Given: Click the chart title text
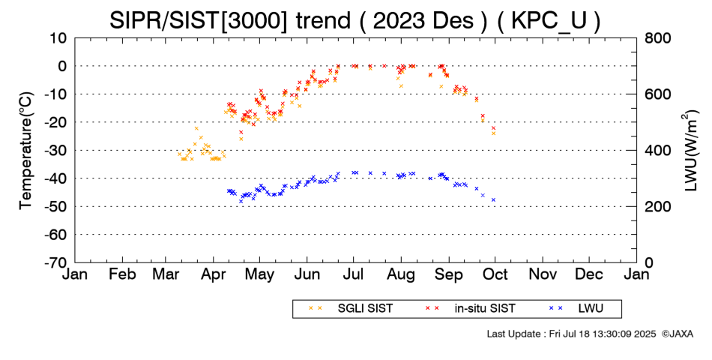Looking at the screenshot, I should (x=355, y=19).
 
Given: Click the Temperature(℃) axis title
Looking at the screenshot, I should (x=25, y=150).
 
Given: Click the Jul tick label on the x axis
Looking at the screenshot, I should (x=355, y=274).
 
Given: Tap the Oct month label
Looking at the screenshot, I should (x=495, y=274).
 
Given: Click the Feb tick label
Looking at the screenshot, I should (x=121, y=274).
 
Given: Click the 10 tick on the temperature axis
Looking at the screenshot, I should (x=59, y=37).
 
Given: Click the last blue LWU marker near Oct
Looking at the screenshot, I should (x=493, y=199).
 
